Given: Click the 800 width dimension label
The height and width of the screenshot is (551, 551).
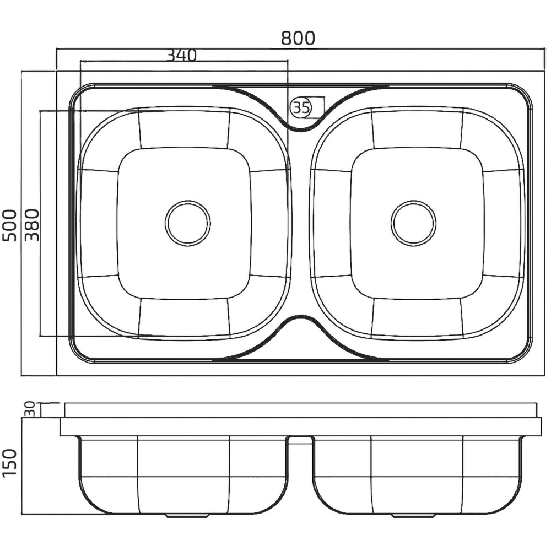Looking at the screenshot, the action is pyautogui.click(x=298, y=38).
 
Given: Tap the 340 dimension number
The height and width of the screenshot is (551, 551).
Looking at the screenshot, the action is pyautogui.click(x=181, y=55).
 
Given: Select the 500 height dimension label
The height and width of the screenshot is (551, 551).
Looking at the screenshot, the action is pyautogui.click(x=10, y=225).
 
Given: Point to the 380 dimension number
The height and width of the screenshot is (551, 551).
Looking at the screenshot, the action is pyautogui.click(x=32, y=225).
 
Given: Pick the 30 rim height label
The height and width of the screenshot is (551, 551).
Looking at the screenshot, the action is pyautogui.click(x=30, y=409).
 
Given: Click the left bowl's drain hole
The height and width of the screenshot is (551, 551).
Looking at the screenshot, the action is pyautogui.click(x=188, y=223).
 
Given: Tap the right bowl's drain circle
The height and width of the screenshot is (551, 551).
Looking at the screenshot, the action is pyautogui.click(x=413, y=223).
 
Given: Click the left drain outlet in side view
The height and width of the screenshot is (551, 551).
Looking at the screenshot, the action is pyautogui.click(x=188, y=516).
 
